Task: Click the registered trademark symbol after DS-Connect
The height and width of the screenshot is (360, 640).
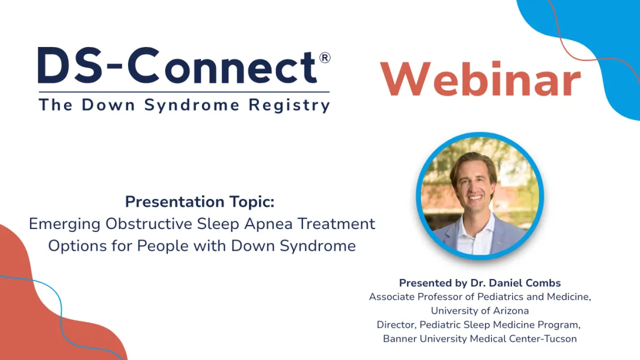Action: pos(324,58)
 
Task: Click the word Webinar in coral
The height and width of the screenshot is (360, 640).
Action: pos(480,79)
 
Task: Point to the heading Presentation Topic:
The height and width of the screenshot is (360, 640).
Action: pos(200,202)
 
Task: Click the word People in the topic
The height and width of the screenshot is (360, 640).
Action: pos(162,245)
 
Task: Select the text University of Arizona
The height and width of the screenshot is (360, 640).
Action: pos(480,311)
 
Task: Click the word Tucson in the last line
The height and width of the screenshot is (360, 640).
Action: pos(561,339)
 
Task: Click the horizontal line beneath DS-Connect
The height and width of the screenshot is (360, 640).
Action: pos(184,92)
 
